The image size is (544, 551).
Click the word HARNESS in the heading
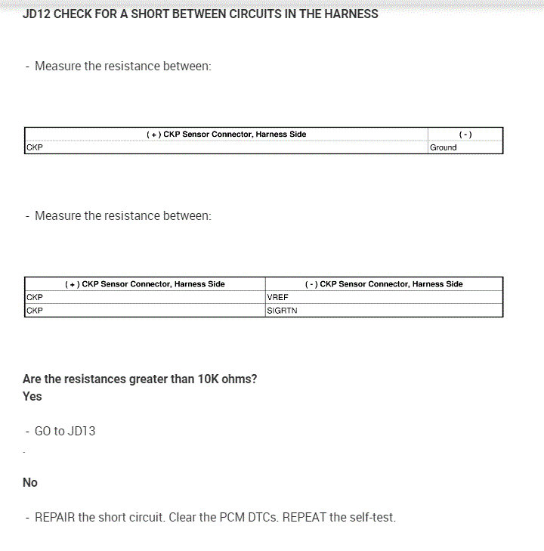351,14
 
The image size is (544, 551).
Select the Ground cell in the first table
444,147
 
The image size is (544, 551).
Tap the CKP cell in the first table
34,147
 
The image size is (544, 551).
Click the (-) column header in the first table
465,134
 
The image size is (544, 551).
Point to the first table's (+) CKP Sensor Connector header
226,134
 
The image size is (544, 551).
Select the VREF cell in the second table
278,297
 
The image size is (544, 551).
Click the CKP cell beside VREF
34,297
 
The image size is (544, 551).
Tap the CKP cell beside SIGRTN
34,310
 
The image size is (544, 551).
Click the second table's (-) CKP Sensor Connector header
384,284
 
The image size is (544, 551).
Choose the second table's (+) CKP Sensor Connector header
145,284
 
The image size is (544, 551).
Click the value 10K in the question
208,379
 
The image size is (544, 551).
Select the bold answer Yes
32,396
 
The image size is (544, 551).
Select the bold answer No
30,482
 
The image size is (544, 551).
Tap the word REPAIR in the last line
55,518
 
